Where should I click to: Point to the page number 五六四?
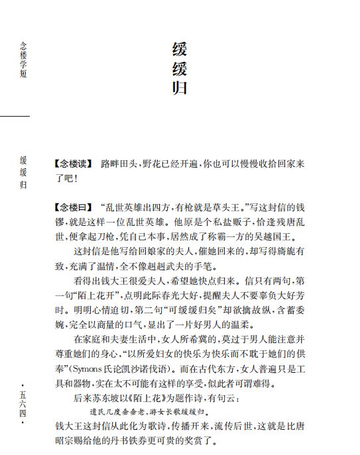tap(24, 403)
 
